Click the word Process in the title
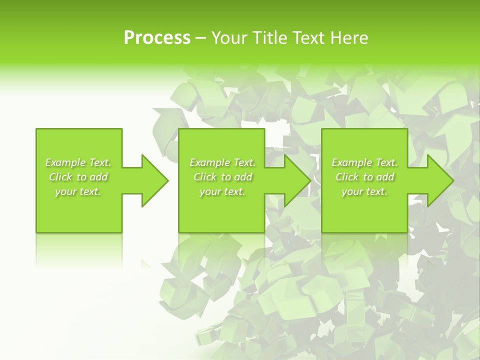tap(157, 38)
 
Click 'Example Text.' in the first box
tap(78, 162)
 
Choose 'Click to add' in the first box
tap(78, 177)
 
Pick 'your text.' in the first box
tap(78, 191)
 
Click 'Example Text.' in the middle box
tap(222, 162)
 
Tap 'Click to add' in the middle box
tap(222, 177)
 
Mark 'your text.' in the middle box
tap(222, 191)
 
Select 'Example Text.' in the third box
tap(364, 162)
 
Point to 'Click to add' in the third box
tap(364, 177)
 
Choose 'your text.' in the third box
tap(364, 191)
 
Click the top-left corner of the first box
tap(36, 129)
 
